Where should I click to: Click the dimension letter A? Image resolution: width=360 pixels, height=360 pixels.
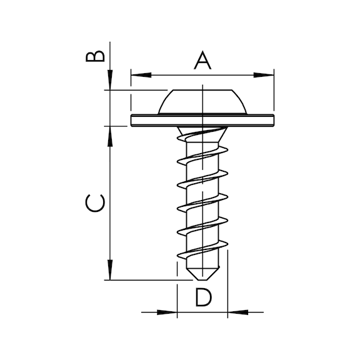pos(202,61)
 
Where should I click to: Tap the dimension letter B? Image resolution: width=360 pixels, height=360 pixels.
pos(95,56)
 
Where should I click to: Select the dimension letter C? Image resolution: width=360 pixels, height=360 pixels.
pos(95,203)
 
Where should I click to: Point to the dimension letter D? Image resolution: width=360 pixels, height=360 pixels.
pos(203,297)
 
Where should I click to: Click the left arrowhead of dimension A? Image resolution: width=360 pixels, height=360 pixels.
pos(141,75)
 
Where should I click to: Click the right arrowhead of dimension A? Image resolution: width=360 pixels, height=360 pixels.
pos(264,75)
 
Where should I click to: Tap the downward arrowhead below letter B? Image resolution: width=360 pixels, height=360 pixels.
pos(110,80)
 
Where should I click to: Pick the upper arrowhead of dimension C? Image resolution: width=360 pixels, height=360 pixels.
pos(110,136)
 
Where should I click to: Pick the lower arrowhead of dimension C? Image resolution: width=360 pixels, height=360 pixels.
pos(110,270)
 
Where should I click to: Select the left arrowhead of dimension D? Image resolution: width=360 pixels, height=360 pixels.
pos(167,312)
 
